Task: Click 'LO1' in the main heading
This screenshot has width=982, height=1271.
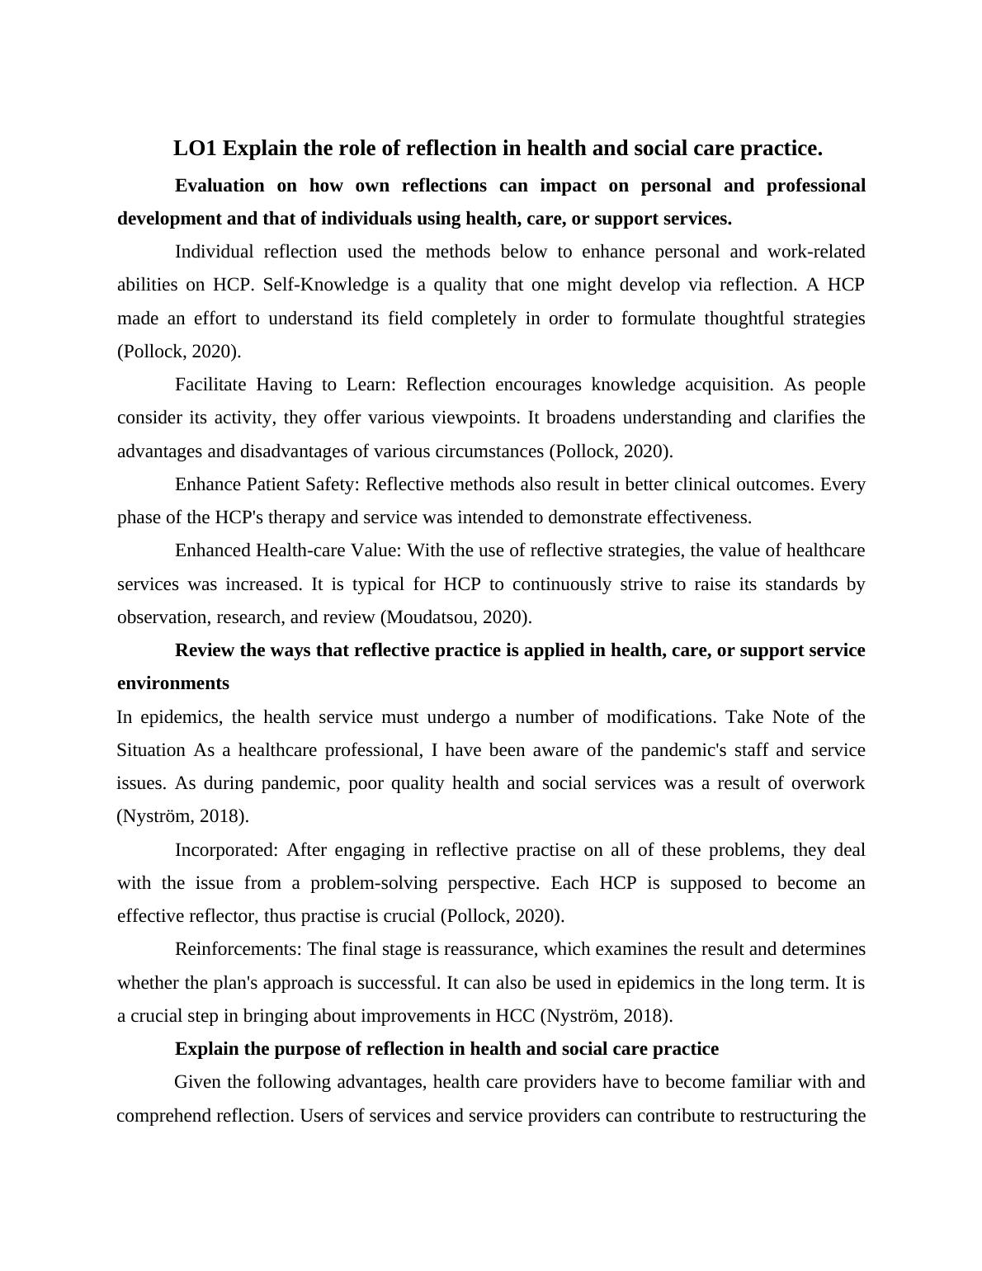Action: click(x=195, y=149)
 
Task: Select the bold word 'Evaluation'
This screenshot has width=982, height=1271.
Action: click(x=220, y=186)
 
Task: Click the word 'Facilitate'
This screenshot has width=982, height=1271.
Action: click(x=210, y=385)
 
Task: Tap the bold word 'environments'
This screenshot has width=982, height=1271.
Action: click(x=173, y=683)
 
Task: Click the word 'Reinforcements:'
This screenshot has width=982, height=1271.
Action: click(x=238, y=949)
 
